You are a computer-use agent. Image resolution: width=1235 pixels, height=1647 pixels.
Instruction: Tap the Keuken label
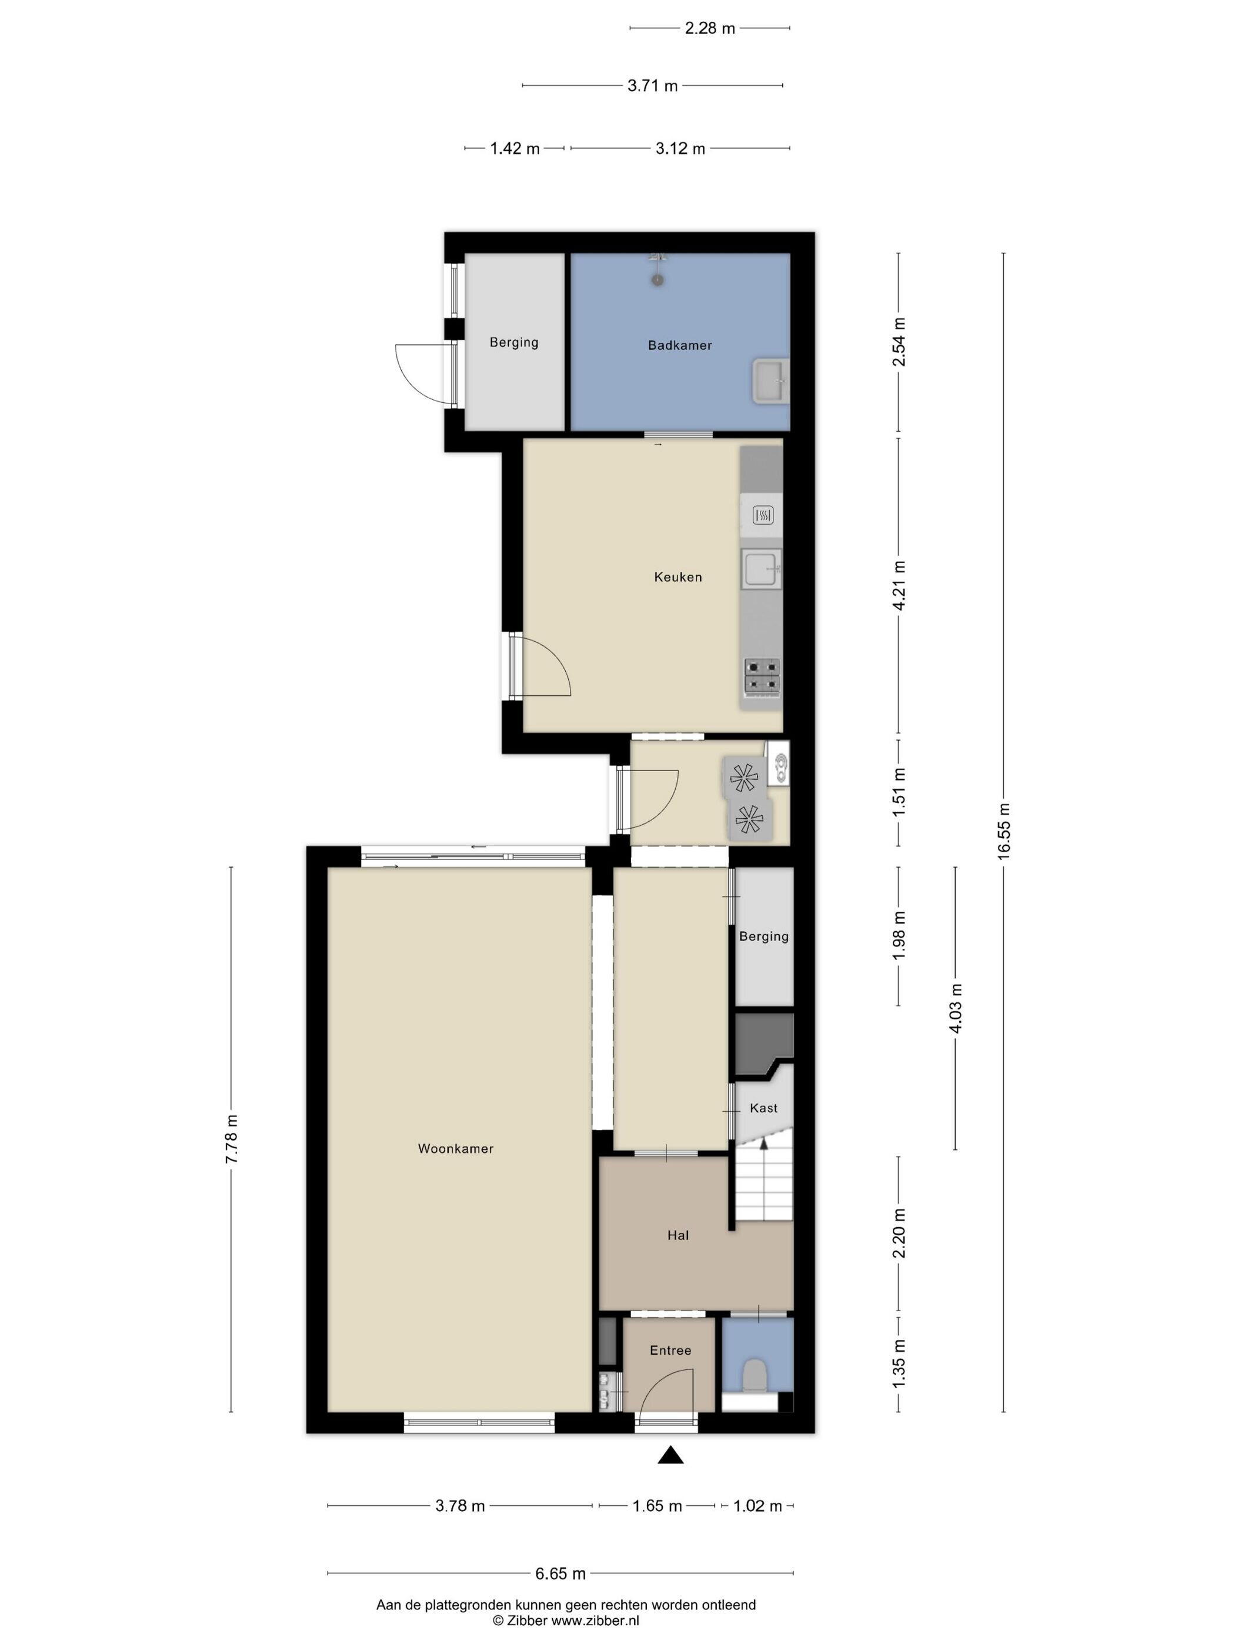click(x=678, y=577)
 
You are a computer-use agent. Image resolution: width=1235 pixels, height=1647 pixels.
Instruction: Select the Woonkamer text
click(x=456, y=1149)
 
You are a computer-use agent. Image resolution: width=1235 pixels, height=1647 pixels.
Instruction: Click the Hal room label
click(x=678, y=1235)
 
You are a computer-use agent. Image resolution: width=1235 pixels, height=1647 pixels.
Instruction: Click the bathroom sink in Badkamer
click(x=770, y=381)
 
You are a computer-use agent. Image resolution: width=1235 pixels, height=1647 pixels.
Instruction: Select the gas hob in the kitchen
click(x=762, y=678)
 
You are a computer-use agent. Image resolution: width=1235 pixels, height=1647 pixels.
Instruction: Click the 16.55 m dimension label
click(x=1003, y=832)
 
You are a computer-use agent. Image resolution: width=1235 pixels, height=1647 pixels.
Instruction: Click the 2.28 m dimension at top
click(x=709, y=28)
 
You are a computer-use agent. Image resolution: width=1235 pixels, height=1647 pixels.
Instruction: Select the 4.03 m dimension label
click(x=956, y=1008)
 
